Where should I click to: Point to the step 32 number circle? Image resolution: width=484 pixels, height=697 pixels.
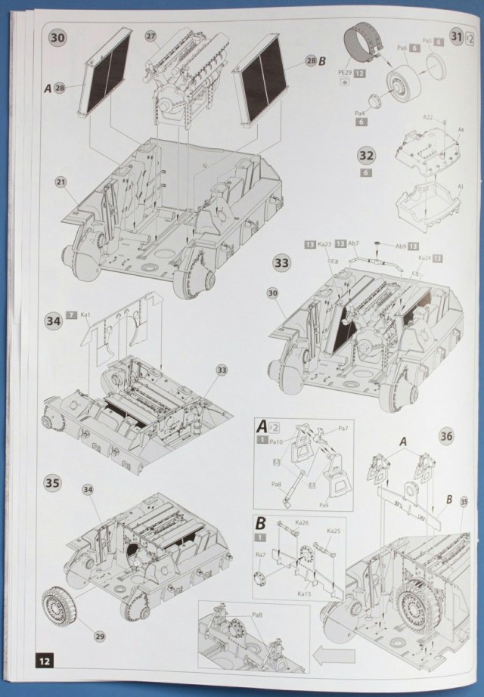[x=366, y=156]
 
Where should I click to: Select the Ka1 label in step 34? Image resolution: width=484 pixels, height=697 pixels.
[x=85, y=314]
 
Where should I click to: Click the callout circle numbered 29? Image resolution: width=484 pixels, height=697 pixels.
[x=99, y=635]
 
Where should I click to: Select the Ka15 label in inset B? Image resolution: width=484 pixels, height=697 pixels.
[x=304, y=594]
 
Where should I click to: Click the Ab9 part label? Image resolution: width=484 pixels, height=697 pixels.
[x=401, y=245]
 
